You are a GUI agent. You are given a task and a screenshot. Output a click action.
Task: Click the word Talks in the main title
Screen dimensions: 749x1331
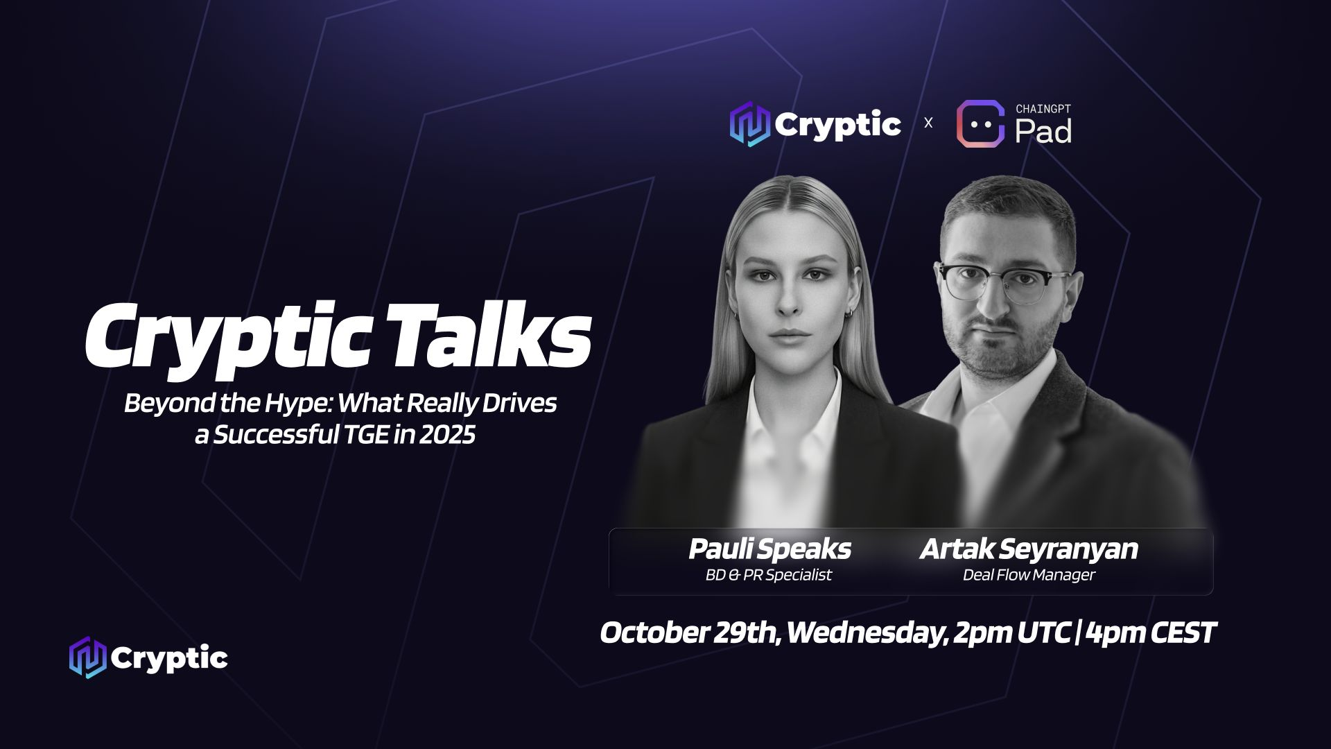pyautogui.click(x=494, y=336)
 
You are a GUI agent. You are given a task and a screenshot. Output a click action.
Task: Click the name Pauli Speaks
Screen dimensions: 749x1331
pyautogui.click(x=769, y=549)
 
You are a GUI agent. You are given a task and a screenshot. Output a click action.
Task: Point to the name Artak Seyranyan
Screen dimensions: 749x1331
pyautogui.click(x=1029, y=549)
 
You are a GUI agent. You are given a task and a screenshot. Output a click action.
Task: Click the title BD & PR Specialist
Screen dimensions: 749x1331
pyautogui.click(x=768, y=575)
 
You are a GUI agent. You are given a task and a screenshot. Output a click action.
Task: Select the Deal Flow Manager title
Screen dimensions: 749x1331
pyautogui.click(x=1029, y=575)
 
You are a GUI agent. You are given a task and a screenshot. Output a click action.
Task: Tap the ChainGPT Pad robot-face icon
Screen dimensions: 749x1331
pyautogui.click(x=980, y=124)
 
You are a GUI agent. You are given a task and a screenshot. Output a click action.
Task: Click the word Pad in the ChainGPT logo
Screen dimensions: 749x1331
pyautogui.click(x=1043, y=131)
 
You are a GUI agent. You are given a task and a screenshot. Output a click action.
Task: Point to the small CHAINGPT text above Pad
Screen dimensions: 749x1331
pyautogui.click(x=1043, y=109)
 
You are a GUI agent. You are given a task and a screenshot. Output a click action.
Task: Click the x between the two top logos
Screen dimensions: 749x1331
pyautogui.click(x=928, y=123)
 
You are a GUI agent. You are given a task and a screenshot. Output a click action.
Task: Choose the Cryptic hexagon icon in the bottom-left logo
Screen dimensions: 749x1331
pyautogui.click(x=87, y=657)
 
